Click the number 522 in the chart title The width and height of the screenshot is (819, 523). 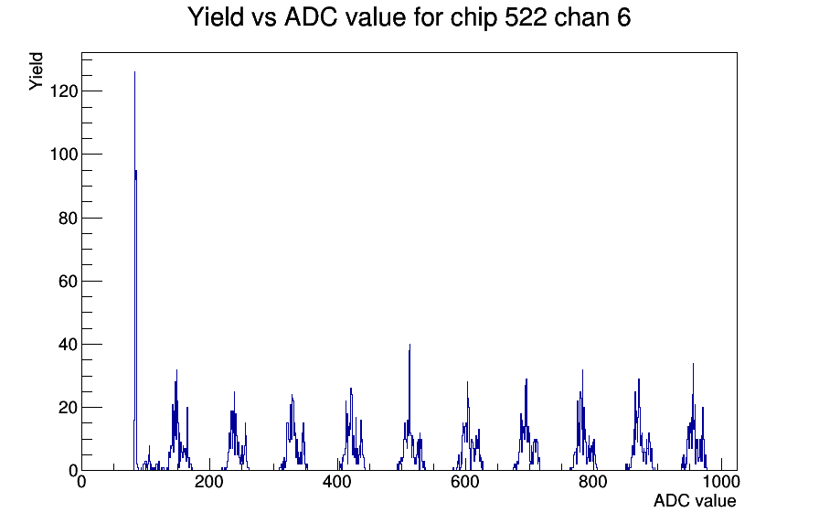point(526,17)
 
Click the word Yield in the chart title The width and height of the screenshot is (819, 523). point(216,17)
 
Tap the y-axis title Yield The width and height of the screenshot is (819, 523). point(36,71)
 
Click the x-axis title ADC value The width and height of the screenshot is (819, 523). point(695,500)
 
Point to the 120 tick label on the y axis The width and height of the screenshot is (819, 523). point(64,91)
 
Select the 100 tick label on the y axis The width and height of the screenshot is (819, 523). point(64,155)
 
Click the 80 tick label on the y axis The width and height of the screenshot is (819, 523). point(68,218)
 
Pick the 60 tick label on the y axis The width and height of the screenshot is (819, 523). point(68,281)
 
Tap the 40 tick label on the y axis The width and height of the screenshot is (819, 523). point(68,345)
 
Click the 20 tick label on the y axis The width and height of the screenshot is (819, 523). point(68,408)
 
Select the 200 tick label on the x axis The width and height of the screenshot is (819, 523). point(209,481)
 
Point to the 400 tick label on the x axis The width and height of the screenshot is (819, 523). point(337,481)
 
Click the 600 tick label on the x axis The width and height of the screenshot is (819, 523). point(465,481)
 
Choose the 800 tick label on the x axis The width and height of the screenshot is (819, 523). point(593,481)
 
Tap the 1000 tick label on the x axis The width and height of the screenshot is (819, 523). point(721,481)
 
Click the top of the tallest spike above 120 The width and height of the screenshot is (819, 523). point(134,72)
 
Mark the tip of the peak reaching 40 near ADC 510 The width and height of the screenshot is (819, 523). point(410,345)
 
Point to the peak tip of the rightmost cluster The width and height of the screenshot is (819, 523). point(693,364)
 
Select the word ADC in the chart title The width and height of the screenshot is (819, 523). point(314,17)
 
